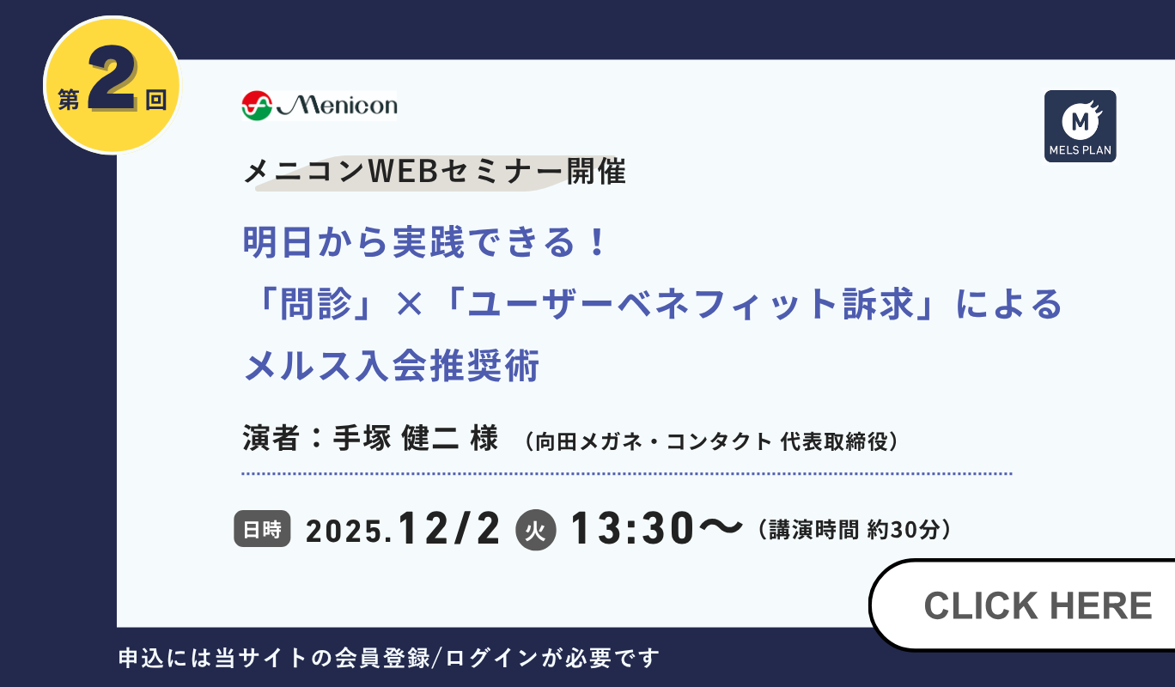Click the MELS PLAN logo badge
pyautogui.click(x=1080, y=126)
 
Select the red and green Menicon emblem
pyautogui.click(x=256, y=106)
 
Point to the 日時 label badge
pyautogui.click(x=262, y=529)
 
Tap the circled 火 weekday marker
pyautogui.click(x=536, y=530)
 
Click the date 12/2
pyautogui.click(x=449, y=528)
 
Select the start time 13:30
pyautogui.click(x=631, y=528)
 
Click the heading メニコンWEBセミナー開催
pyautogui.click(x=435, y=173)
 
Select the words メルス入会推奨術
pyautogui.click(x=392, y=368)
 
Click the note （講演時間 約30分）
pyautogui.click(x=855, y=529)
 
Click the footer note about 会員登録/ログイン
pyautogui.click(x=388, y=659)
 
